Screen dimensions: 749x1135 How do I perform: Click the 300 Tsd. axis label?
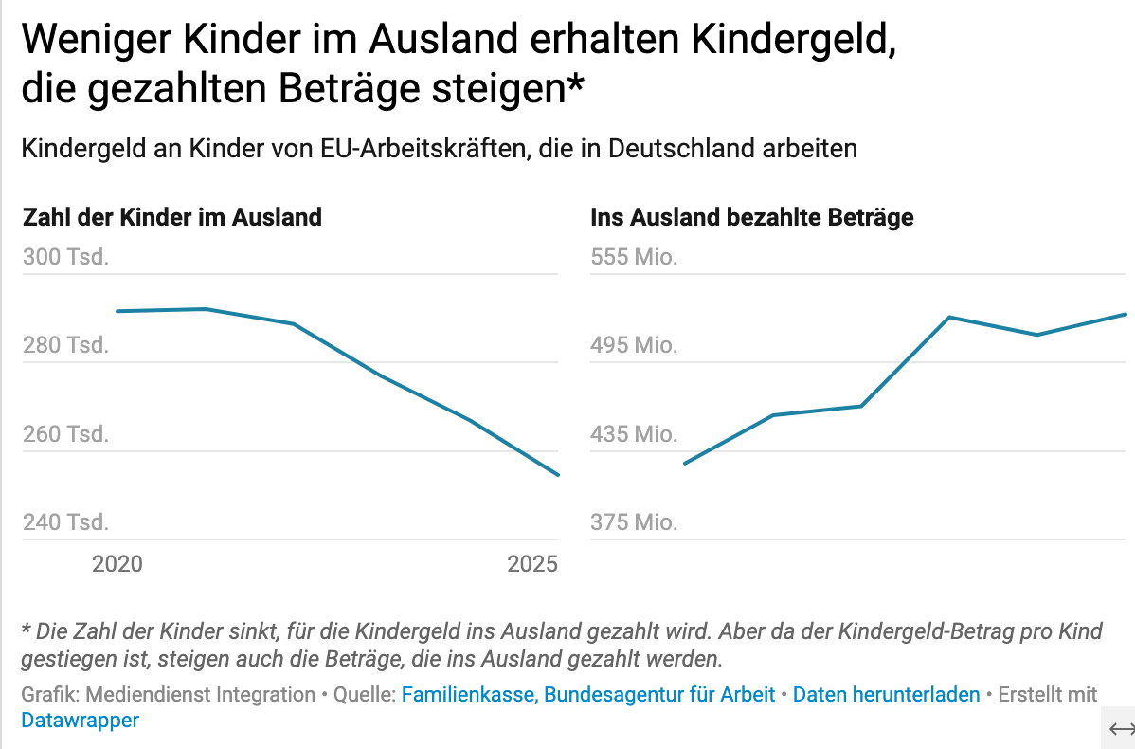pyautogui.click(x=65, y=258)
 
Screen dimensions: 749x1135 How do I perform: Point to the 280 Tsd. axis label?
pyautogui.click(x=65, y=346)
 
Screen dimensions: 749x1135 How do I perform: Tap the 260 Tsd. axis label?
pyautogui.click(x=65, y=435)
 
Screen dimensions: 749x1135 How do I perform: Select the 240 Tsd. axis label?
pyautogui.click(x=65, y=523)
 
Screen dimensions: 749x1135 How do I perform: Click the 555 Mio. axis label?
pyautogui.click(x=634, y=258)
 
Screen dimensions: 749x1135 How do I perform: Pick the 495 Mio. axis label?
pyautogui.click(x=634, y=346)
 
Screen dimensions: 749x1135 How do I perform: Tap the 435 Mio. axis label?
pyautogui.click(x=634, y=435)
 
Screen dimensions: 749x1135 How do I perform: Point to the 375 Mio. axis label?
pyautogui.click(x=634, y=523)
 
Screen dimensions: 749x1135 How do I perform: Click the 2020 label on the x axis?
pyautogui.click(x=117, y=565)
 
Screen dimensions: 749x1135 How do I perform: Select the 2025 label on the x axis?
pyautogui.click(x=532, y=565)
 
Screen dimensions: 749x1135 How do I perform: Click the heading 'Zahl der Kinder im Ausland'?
pyautogui.click(x=171, y=218)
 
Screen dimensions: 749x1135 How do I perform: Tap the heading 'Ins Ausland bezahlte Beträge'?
pyautogui.click(x=752, y=218)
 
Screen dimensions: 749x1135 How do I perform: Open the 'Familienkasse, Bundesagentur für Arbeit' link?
pyautogui.click(x=588, y=695)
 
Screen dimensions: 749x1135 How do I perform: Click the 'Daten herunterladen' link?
pyautogui.click(x=886, y=695)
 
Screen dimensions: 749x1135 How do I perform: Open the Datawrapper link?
pyautogui.click(x=81, y=721)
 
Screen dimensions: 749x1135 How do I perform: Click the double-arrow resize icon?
pyautogui.click(x=1122, y=728)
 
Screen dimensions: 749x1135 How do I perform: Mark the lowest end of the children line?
pyautogui.click(x=559, y=475)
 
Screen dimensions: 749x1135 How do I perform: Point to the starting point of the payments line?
pyautogui.click(x=684, y=464)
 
